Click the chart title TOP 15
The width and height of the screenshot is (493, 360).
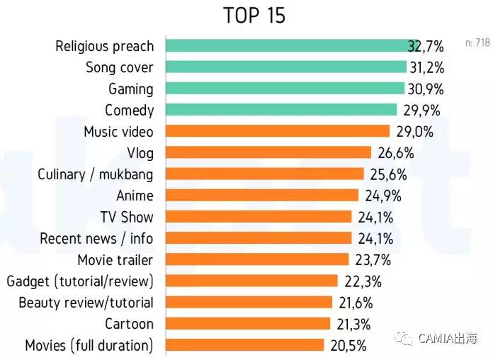pos(254,16)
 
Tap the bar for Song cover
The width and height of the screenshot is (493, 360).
pos(286,67)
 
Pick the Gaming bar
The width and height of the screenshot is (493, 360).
pos(285,89)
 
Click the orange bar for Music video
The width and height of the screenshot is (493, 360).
pos(278,131)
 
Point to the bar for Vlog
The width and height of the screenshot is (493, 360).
pos(268,152)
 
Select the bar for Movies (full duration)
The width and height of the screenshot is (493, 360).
pos(245,345)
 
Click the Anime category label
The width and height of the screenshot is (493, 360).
pos(135,196)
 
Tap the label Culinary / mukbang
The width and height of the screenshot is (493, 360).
pos(96,174)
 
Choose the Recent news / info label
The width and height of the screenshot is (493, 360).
pos(96,238)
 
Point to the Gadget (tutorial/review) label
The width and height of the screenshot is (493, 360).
pos(80,281)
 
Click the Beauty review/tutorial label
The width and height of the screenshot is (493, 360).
pos(86,303)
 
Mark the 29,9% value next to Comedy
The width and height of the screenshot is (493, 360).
pos(421,111)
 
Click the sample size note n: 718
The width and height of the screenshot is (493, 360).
pos(477,43)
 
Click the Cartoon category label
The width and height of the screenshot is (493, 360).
pos(129,324)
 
